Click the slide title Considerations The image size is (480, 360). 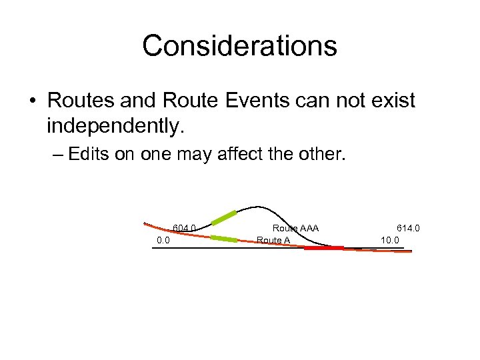[239, 46]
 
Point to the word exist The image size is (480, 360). [389, 101]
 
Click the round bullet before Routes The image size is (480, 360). [32, 101]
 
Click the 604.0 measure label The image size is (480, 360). [184, 228]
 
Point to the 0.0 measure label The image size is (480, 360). [163, 240]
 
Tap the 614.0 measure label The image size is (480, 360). [408, 228]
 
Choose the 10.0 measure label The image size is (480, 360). [389, 240]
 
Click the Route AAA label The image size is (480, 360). [295, 228]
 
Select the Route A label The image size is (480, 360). [273, 240]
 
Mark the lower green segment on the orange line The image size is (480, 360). [224, 238]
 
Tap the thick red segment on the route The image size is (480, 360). [324, 248]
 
